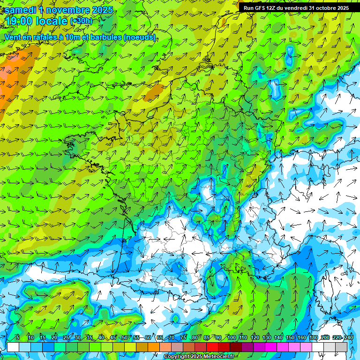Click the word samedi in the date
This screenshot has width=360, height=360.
pos(22,10)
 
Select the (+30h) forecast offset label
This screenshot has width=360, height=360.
pos(81,21)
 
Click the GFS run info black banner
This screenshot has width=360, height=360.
pos(296,7)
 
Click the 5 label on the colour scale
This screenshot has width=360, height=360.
pos(18,338)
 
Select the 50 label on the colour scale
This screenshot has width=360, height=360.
pos(124,338)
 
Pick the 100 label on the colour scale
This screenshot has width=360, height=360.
pos(231,338)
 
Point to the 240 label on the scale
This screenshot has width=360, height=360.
pos(349,338)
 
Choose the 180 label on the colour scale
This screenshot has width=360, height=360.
pos(314,338)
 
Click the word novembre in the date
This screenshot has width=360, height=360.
pos(67,10)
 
